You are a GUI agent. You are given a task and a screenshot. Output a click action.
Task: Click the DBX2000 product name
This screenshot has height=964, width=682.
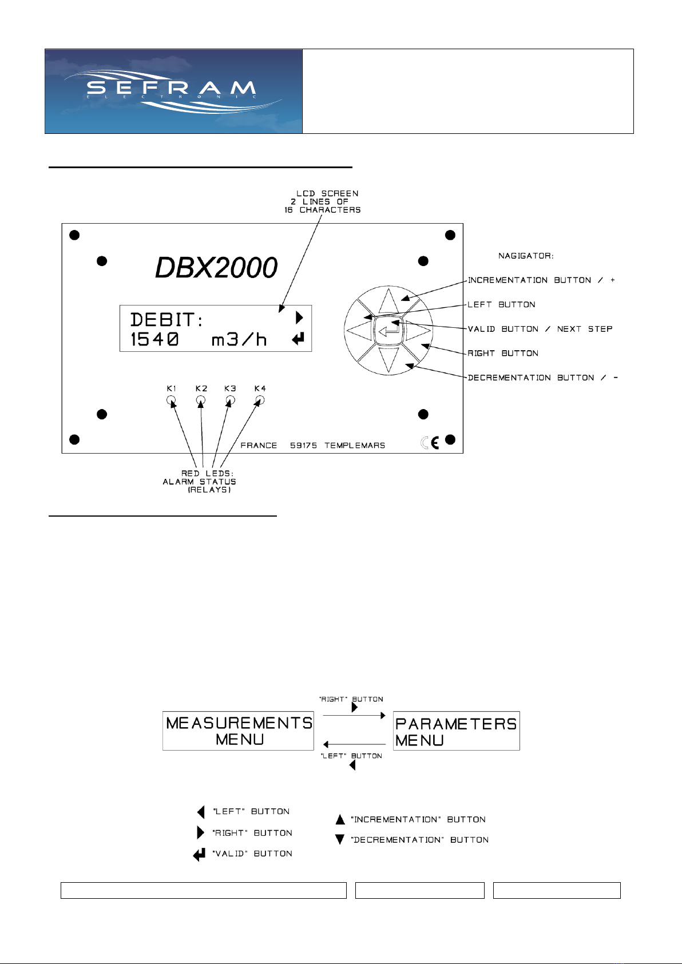click(x=216, y=267)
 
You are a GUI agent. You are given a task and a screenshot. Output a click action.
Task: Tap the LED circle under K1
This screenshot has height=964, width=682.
click(x=171, y=400)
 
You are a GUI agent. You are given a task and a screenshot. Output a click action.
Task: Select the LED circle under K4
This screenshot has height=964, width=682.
click(x=259, y=400)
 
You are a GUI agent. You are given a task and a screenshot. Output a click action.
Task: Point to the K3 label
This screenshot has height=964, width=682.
click(x=230, y=388)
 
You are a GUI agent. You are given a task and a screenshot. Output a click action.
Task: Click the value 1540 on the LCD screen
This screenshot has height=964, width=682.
click(x=154, y=339)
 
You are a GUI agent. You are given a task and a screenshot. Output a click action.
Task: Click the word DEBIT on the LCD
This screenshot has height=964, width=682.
click(x=162, y=320)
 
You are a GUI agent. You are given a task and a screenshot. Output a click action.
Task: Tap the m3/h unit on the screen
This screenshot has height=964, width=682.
click(x=239, y=340)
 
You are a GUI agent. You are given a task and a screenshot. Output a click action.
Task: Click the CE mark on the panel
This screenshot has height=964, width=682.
click(x=430, y=443)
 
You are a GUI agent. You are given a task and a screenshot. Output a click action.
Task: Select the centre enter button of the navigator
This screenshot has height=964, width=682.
click(x=388, y=331)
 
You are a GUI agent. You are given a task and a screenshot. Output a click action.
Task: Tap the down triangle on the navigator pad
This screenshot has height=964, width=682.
click(x=388, y=360)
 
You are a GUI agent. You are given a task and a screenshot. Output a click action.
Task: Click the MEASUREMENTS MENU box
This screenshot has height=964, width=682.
click(x=238, y=731)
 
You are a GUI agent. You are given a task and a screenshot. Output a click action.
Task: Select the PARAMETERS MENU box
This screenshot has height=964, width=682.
click(x=456, y=731)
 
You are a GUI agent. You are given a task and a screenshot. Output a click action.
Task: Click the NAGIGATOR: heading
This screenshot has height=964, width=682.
click(x=526, y=256)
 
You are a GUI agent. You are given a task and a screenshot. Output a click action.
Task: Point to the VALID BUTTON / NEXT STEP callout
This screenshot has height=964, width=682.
click(x=540, y=329)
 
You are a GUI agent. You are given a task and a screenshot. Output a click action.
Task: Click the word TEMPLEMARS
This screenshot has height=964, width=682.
click(x=355, y=446)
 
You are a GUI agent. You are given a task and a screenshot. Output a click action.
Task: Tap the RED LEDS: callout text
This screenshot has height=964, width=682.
click(x=207, y=473)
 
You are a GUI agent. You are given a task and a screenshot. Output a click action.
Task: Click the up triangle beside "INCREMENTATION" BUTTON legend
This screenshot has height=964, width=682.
click(x=340, y=819)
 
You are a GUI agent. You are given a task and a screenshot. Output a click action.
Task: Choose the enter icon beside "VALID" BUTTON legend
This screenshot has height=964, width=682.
click(x=199, y=855)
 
